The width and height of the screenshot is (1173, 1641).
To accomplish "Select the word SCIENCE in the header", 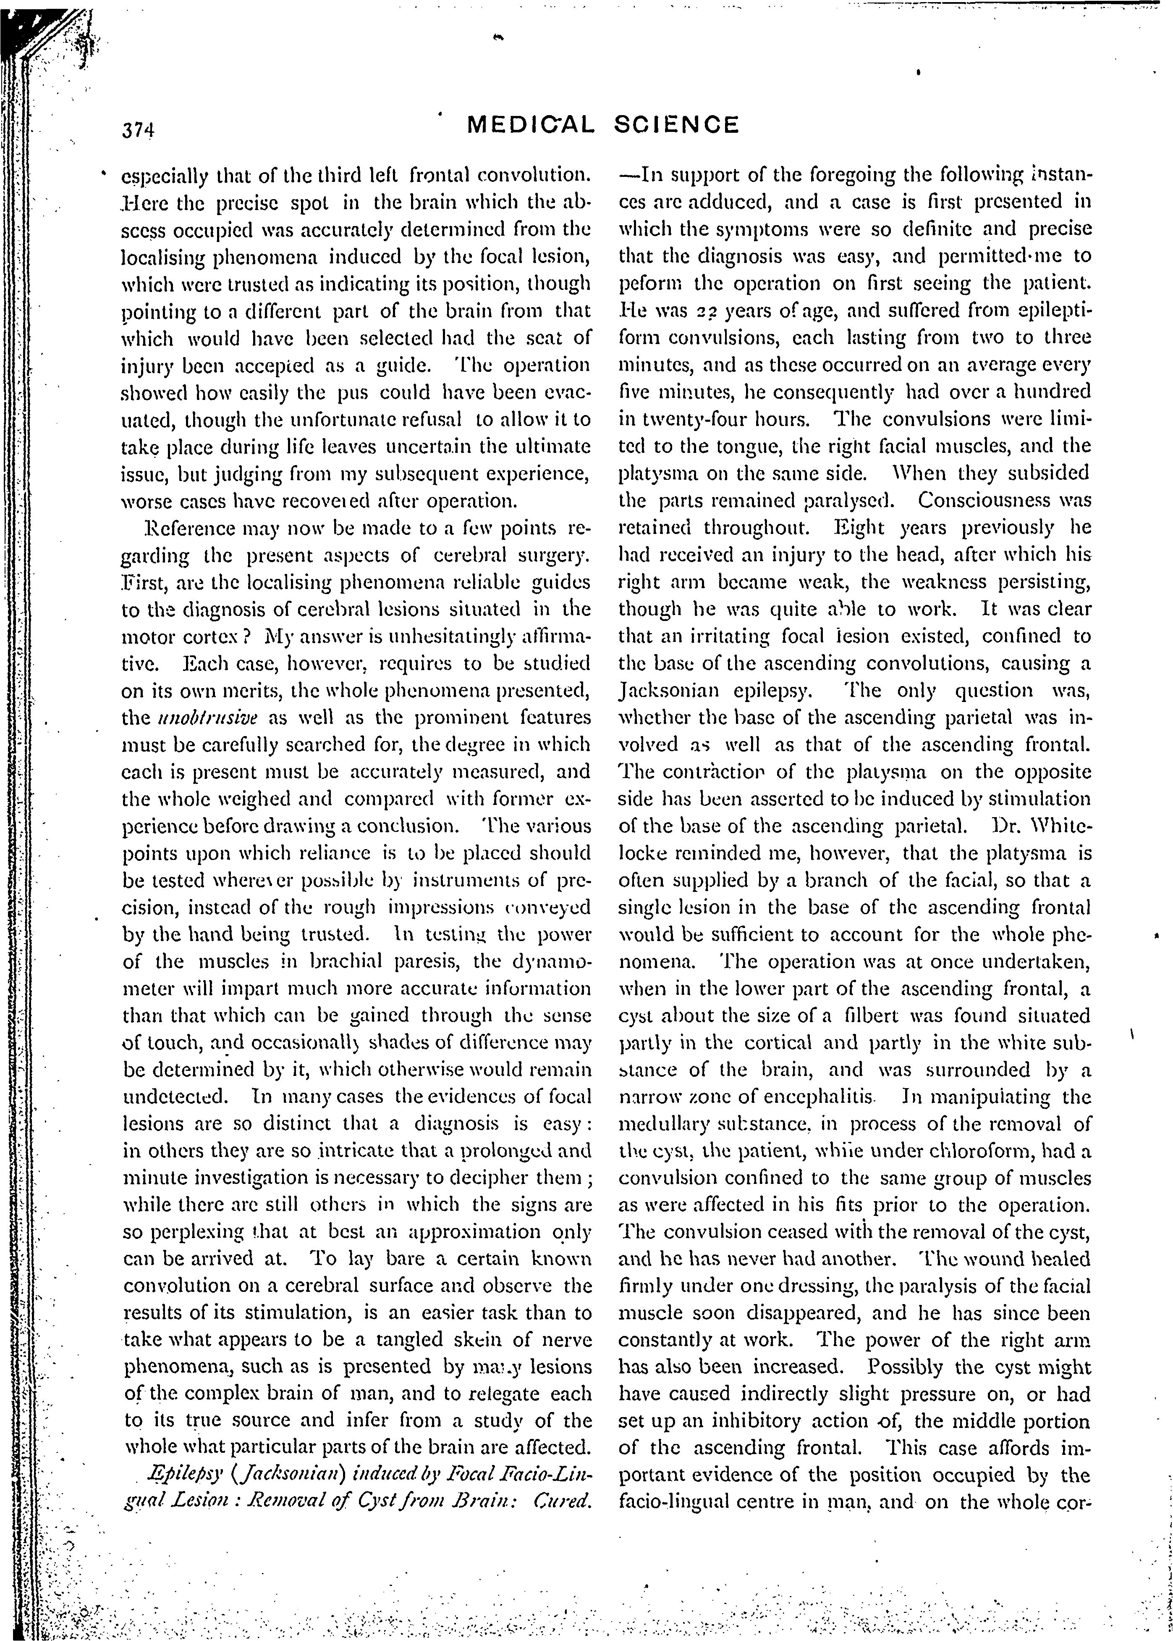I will (x=677, y=126).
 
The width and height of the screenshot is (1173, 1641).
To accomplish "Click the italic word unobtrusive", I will (x=193, y=718).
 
